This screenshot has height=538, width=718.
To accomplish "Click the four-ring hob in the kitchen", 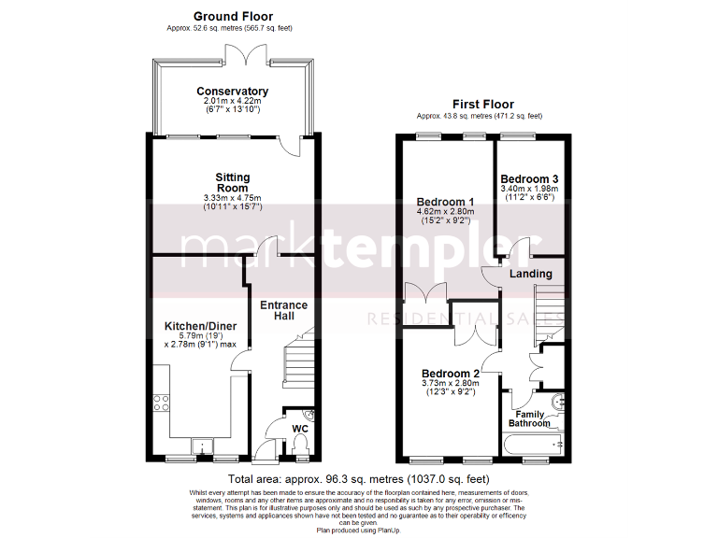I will click(161, 403).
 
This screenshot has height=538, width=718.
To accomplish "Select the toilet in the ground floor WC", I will click(300, 451).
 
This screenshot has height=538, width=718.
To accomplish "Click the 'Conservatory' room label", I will click(232, 92).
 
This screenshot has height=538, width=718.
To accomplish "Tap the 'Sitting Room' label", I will click(232, 182).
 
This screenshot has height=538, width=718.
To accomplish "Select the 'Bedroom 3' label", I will click(529, 179).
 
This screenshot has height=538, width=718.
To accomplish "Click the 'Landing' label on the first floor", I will click(530, 274).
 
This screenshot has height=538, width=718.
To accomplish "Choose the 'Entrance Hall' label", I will click(283, 311).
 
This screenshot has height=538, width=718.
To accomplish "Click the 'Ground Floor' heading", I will click(233, 16).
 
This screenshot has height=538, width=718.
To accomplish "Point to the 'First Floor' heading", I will click(482, 105).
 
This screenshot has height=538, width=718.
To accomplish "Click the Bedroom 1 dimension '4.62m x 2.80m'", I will click(446, 212).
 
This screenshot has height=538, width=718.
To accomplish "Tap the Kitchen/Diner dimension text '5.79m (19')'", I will click(200, 335).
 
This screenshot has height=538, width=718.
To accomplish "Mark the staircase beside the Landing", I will click(549, 310).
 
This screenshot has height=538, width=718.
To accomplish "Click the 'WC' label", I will click(300, 430).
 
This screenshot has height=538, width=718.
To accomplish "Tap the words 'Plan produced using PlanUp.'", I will click(358, 530).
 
